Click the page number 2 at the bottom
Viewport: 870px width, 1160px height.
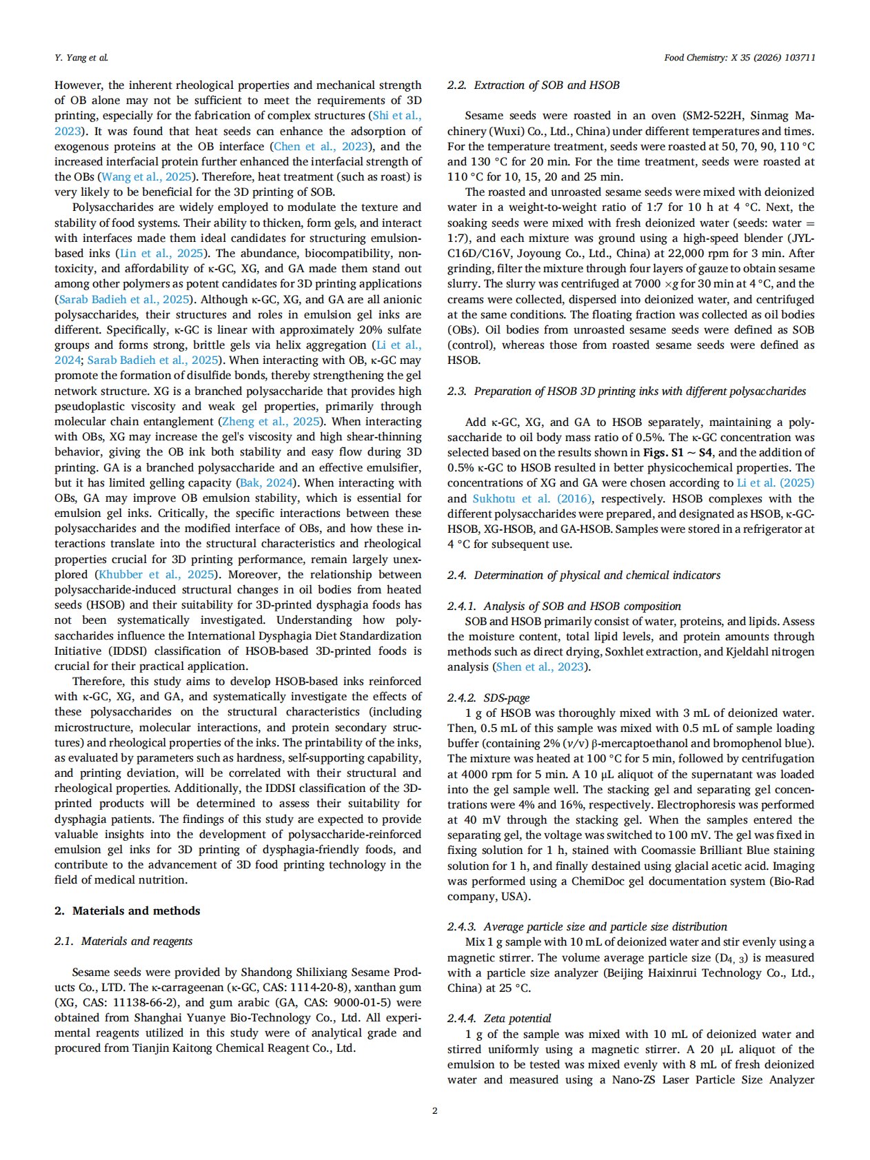434,1110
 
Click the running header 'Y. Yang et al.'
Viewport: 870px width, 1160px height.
81,57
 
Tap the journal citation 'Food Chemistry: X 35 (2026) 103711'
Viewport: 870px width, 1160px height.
740,57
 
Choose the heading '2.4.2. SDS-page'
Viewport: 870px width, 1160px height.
488,698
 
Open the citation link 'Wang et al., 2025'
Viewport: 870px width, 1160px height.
145,176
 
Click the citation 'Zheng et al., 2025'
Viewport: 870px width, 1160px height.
270,421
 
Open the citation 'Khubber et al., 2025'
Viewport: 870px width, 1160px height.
155,574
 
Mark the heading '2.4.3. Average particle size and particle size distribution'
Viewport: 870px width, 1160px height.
587,926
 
